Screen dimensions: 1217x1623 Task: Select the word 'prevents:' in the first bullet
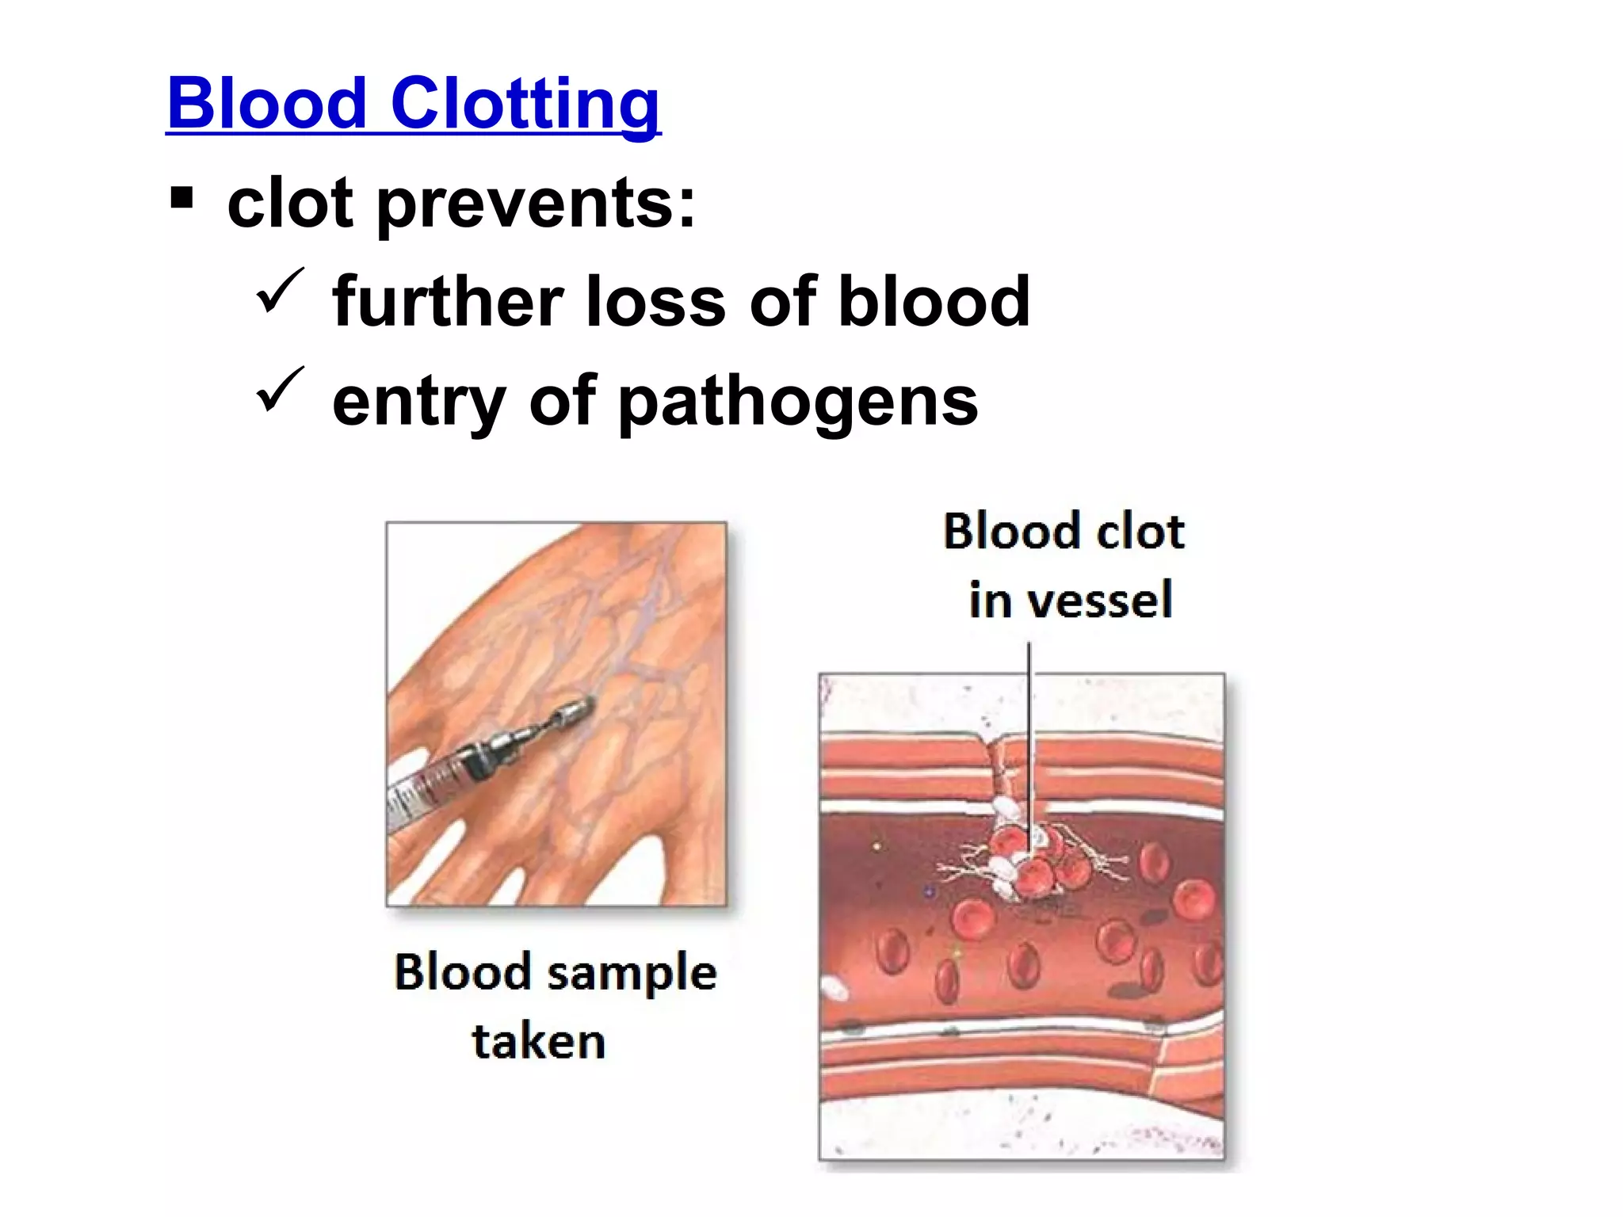click(536, 204)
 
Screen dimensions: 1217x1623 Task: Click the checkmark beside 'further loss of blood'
click(280, 291)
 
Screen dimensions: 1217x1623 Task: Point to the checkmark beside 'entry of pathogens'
click(280, 389)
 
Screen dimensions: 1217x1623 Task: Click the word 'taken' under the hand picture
click(539, 1041)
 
